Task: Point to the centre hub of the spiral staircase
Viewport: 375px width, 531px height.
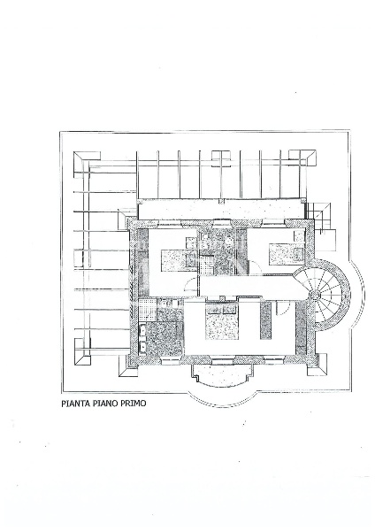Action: coord(315,295)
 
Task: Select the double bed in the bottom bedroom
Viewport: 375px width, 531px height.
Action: coord(222,322)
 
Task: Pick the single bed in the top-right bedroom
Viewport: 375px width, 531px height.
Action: coord(287,254)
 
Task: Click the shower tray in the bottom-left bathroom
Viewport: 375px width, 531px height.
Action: coord(147,309)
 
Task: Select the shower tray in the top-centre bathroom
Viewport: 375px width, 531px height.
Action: coord(205,265)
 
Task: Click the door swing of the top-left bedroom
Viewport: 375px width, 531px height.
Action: coord(190,286)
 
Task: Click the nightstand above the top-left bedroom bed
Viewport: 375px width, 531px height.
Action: coord(190,243)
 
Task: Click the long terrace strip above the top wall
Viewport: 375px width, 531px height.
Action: coord(222,210)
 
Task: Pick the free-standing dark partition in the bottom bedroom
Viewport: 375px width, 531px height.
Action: coord(265,320)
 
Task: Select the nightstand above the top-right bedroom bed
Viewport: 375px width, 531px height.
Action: coord(299,236)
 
